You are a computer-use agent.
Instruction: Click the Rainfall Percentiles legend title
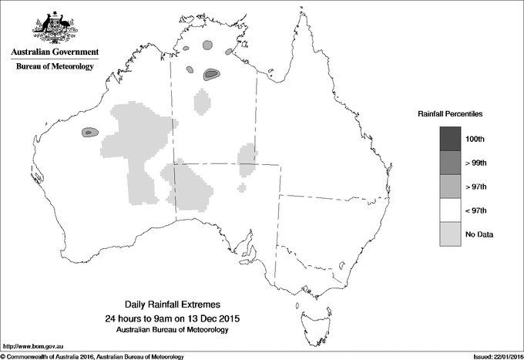click(450, 114)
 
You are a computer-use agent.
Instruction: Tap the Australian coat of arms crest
click(55, 25)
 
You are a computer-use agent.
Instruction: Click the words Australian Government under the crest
click(55, 52)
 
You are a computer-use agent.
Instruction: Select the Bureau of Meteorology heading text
click(55, 67)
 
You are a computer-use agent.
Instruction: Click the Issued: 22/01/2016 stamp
click(496, 356)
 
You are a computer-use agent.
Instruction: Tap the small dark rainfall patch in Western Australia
click(89, 133)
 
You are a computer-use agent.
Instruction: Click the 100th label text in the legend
click(475, 139)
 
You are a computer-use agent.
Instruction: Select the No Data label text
click(479, 234)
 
